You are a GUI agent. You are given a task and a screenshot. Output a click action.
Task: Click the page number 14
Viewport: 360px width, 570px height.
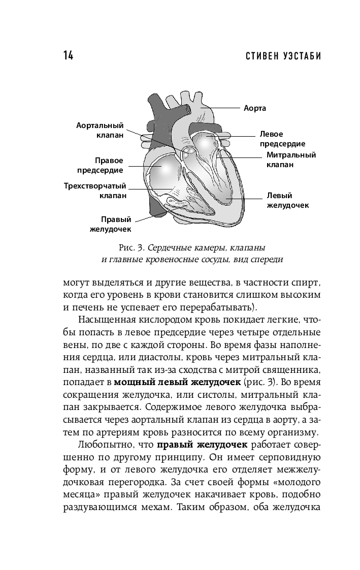[x=68, y=56]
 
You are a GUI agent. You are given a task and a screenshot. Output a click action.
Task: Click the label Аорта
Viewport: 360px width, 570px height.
[x=255, y=108]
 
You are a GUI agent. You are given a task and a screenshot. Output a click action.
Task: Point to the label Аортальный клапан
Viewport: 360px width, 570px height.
[x=101, y=130]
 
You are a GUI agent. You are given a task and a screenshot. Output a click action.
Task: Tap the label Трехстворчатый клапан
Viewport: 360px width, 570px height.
[x=95, y=190]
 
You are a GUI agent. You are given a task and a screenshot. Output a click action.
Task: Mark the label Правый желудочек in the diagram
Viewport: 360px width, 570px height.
[x=110, y=224]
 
